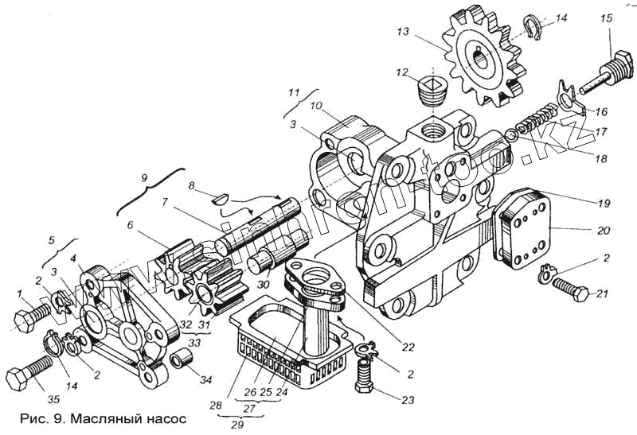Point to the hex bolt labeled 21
[x=572, y=290]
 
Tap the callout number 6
[x=129, y=225]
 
